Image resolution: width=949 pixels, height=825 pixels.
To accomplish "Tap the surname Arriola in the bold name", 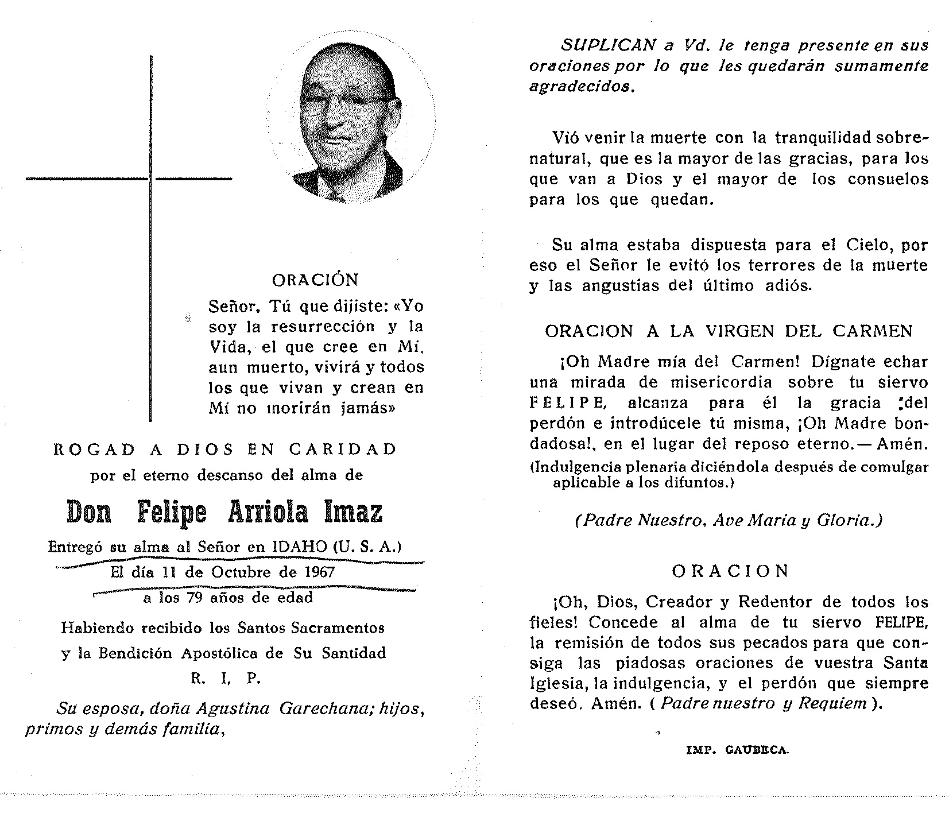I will pyautogui.click(x=268, y=512).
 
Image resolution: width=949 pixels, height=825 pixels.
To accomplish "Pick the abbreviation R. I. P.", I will pyautogui.click(x=226, y=679).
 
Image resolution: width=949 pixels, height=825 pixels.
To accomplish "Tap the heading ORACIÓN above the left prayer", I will pyautogui.click(x=315, y=280).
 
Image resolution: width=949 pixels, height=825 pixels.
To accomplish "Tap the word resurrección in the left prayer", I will pyautogui.click(x=323, y=327).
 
